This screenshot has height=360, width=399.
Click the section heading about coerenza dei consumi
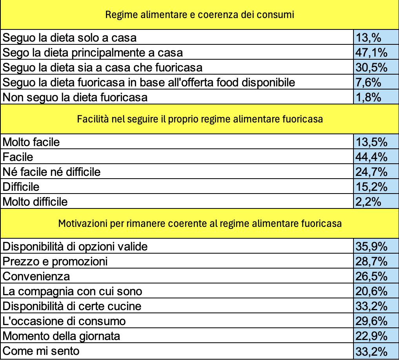(200, 15)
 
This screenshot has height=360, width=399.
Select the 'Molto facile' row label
(31, 142)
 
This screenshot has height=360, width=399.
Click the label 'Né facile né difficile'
(51, 172)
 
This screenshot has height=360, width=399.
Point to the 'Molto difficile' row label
(35, 202)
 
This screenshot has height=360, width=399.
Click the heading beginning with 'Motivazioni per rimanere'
(200, 224)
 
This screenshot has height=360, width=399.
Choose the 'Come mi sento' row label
(40, 351)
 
